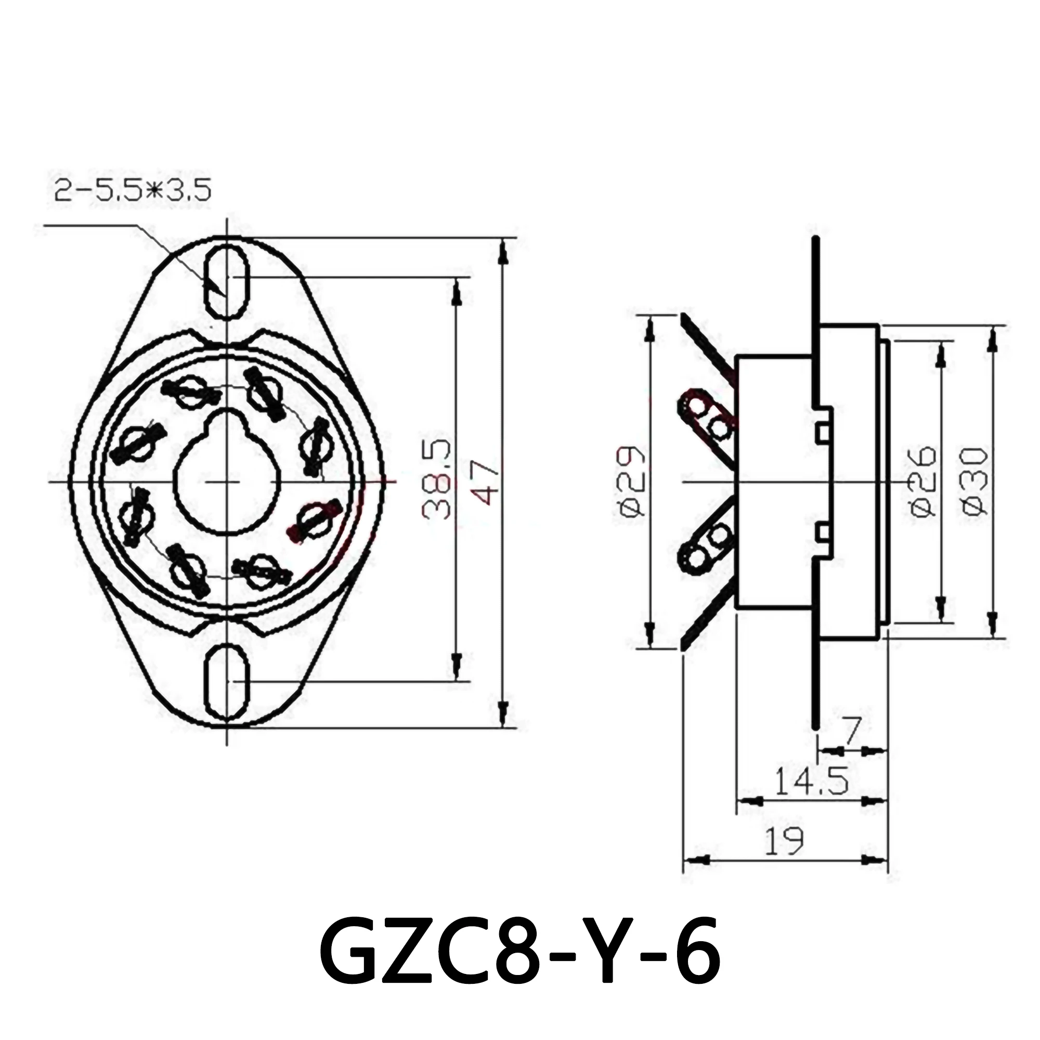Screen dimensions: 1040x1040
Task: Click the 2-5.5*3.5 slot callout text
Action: tap(132, 190)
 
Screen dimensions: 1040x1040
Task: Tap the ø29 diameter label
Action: tap(630, 481)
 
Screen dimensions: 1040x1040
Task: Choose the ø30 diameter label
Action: tap(975, 481)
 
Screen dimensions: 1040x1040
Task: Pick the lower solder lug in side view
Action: tap(705, 549)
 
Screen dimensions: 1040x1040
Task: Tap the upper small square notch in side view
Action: tap(822, 432)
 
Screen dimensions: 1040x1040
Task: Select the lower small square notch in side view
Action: tap(822, 533)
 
